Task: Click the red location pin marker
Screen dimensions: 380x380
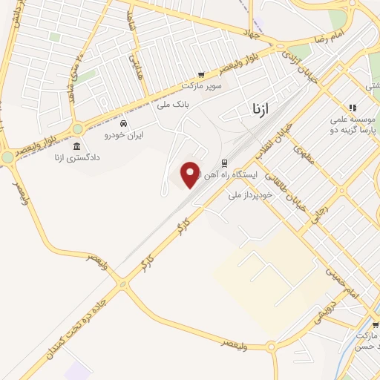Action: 191,174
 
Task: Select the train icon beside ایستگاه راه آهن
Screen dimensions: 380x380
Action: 224,163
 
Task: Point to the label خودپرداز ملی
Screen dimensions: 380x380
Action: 250,194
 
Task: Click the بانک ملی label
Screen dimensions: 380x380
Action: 174,105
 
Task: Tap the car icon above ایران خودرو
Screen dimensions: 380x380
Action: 123,123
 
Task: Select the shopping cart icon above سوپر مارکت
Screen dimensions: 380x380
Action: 200,75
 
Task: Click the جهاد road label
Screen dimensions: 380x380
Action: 251,33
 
